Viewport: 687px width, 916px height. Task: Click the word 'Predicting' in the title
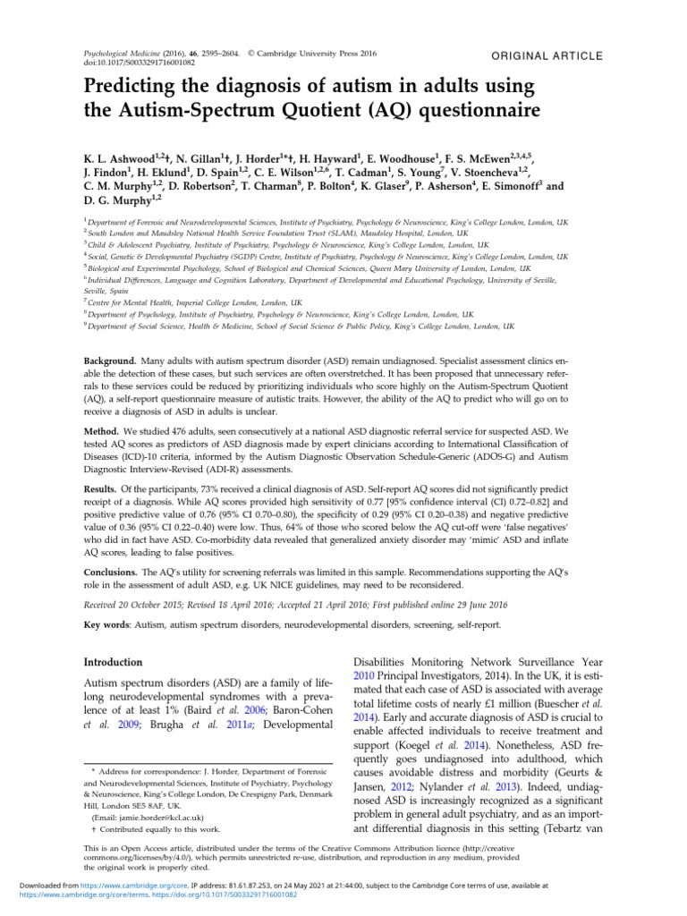click(135, 88)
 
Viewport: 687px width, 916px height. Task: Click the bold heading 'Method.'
click(103, 430)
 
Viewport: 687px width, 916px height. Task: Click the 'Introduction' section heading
click(113, 662)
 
